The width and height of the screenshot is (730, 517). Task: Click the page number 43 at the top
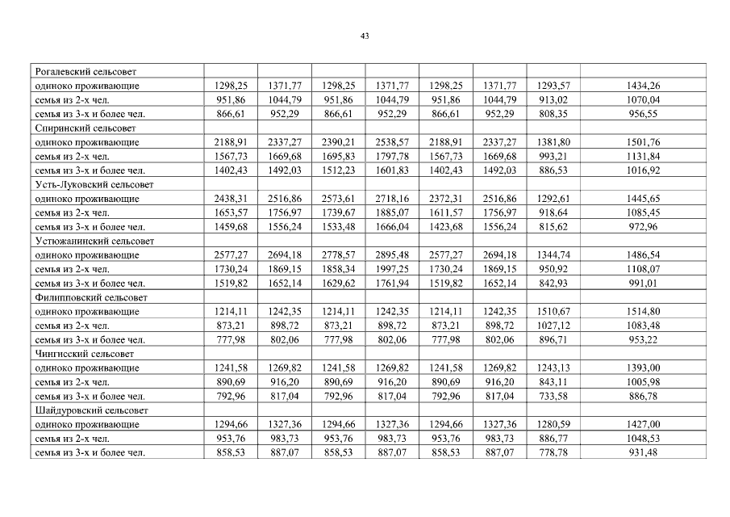pyautogui.click(x=365, y=36)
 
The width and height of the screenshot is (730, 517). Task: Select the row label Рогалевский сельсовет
pyautogui.click(x=85, y=71)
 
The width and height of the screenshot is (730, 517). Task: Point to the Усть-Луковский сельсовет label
pyautogui.click(x=90, y=184)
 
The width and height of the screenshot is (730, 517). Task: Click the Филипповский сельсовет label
pyautogui.click(x=87, y=297)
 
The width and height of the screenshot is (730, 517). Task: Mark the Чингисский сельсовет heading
pyautogui.click(x=84, y=354)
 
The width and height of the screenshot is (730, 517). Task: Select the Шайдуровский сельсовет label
pyautogui.click(x=88, y=410)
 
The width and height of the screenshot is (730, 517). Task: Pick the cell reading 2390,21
pyautogui.click(x=338, y=142)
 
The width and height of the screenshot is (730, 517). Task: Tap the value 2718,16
pyautogui.click(x=392, y=199)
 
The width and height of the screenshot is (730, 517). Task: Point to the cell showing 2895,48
pyautogui.click(x=392, y=255)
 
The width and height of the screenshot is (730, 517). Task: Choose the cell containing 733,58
pyautogui.click(x=553, y=397)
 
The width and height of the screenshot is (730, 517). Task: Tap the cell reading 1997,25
pyautogui.click(x=392, y=269)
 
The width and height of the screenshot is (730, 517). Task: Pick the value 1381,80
pyautogui.click(x=553, y=142)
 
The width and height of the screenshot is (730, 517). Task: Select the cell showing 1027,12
pyautogui.click(x=553, y=326)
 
